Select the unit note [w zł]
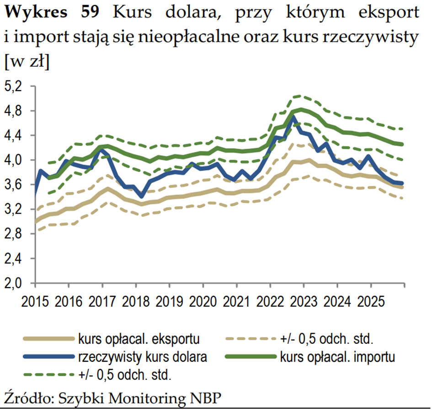[26, 61]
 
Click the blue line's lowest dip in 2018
[142, 197]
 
